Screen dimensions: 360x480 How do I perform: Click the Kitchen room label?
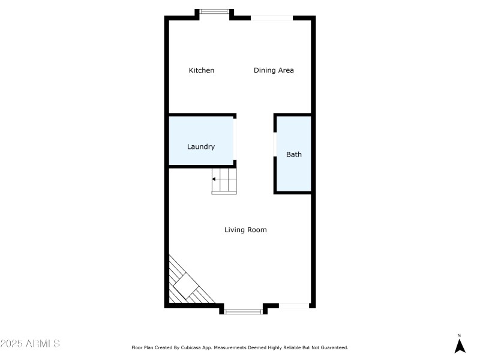coord(202,70)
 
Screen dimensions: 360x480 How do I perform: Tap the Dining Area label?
coord(274,70)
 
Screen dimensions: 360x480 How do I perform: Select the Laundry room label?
coord(201,146)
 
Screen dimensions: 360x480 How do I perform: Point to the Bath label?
coord(294,154)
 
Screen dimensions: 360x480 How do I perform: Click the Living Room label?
coord(245,230)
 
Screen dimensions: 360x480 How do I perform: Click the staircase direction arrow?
coord(215,179)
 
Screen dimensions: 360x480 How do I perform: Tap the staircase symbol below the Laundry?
coord(224,181)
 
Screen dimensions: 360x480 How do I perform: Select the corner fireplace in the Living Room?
coord(187,285)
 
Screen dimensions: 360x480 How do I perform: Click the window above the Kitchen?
coord(214,11)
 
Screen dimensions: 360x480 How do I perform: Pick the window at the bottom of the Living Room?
coord(244,311)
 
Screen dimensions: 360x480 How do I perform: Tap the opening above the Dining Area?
coord(272,18)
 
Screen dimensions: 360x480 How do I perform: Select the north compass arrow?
coord(460,346)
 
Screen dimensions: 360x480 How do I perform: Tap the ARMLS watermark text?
coord(30,344)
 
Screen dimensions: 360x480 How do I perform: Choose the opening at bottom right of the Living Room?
coord(295,306)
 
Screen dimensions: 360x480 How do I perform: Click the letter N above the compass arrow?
coord(460,335)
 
